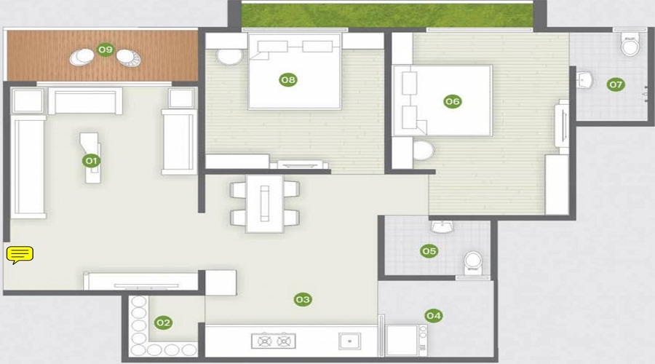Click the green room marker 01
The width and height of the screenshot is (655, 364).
coord(92,160)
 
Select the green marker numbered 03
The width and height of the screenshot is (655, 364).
coord(303,299)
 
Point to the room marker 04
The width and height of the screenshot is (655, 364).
coord(434,315)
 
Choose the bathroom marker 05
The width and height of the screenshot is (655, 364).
coord(429,251)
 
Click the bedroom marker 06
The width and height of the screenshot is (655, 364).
coord(453,102)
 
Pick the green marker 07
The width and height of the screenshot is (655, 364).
coord(616,84)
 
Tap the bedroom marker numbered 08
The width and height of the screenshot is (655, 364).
coord(289,79)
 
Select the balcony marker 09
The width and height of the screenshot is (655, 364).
coord(106,50)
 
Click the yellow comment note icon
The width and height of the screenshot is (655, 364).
coord(20,254)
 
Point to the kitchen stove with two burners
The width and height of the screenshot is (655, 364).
coord(273,341)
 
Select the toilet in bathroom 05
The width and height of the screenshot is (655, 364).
coord(473,263)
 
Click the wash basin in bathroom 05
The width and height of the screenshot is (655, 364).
coord(441,228)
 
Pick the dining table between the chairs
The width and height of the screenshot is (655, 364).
coord(264,203)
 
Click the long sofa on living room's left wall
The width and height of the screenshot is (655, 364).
coord(30,168)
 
